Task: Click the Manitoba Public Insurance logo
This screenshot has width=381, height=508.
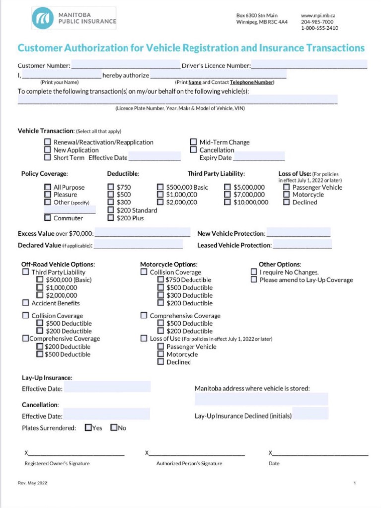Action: coord(74,18)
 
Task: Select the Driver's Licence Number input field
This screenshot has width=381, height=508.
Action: coord(309,64)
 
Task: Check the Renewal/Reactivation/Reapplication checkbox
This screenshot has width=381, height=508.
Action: coord(48,142)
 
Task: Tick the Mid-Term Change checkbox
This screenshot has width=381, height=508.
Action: coord(194,142)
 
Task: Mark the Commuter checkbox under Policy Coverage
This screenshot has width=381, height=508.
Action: coord(48,218)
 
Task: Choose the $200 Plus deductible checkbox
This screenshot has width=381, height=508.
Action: coord(111,218)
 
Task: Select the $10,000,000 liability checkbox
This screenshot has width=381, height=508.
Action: coord(227,202)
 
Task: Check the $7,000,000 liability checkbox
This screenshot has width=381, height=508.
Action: coord(227,195)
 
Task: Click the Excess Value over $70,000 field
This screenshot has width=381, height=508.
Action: coord(142,233)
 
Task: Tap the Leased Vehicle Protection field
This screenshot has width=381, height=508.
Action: coord(302,245)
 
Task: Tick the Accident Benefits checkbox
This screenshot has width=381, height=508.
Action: coord(25,303)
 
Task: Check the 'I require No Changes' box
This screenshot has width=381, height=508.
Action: coord(254,272)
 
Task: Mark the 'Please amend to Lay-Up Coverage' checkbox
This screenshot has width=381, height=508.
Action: coord(254,280)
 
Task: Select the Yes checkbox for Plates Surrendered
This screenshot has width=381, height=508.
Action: coord(88,427)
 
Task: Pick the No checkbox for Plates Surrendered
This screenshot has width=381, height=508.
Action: coord(114,427)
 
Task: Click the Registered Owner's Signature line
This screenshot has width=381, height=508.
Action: coord(74,453)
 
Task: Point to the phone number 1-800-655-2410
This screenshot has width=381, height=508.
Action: coord(319,28)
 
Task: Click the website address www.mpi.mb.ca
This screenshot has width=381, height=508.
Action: coord(318,16)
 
